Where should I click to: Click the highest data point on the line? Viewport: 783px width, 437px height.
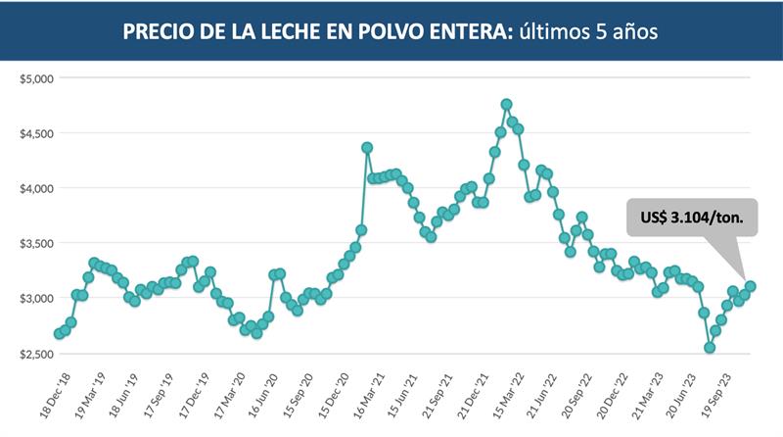pos(506,104)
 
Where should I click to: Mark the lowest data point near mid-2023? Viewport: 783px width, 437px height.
pos(710,348)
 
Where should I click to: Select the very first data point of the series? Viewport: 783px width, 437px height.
pos(59,333)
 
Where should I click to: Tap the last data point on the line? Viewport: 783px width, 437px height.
pos(750,286)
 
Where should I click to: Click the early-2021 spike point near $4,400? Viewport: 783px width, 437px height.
pos(367,148)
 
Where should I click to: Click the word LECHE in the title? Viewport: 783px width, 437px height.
pos(281,31)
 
